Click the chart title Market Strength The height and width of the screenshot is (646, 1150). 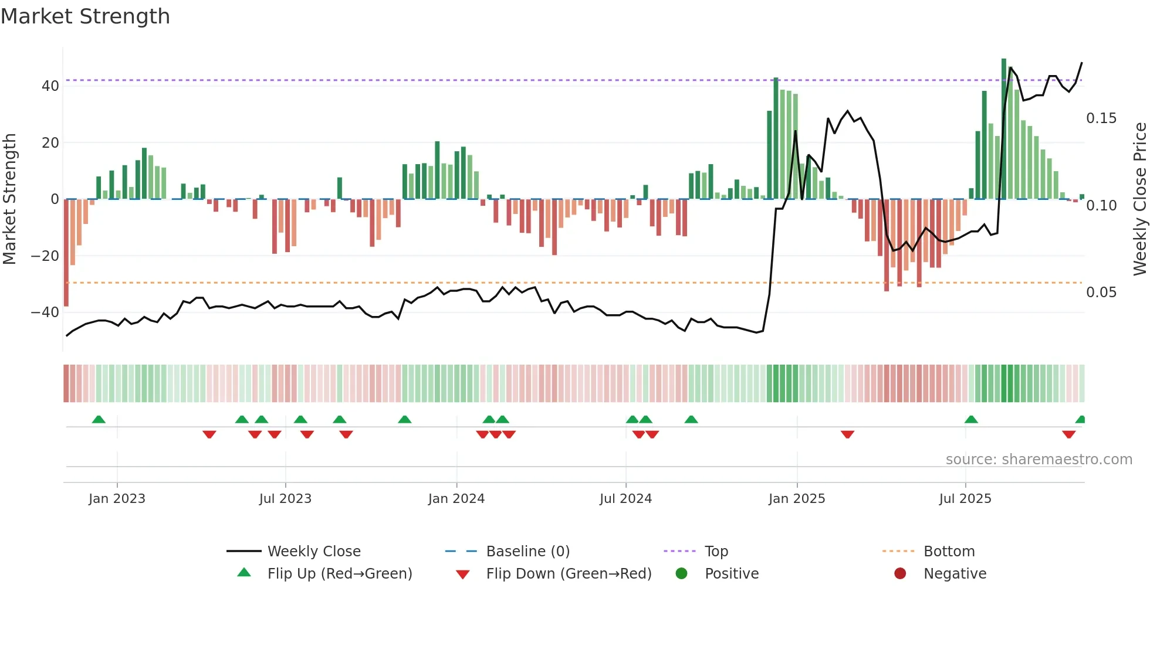click(x=85, y=16)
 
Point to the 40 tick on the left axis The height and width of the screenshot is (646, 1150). click(x=50, y=86)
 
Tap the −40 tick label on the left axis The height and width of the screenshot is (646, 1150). click(x=45, y=312)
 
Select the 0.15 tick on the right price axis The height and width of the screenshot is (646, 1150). click(x=1101, y=118)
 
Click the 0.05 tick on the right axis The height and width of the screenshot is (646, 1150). click(x=1101, y=293)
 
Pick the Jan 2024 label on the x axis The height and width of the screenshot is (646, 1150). click(x=456, y=499)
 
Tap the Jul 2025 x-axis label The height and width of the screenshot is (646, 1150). click(x=965, y=499)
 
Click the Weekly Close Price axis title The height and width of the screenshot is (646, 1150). click(x=1139, y=199)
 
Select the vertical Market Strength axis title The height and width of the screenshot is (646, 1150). click(x=9, y=199)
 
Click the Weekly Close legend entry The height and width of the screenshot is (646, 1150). click(x=313, y=552)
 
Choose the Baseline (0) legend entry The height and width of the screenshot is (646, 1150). click(x=527, y=552)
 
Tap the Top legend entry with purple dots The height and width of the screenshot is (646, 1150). click(x=716, y=552)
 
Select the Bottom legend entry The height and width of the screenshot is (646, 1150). click(x=949, y=552)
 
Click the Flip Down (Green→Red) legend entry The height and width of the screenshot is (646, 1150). click(x=568, y=574)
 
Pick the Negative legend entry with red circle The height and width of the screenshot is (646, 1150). click(x=954, y=574)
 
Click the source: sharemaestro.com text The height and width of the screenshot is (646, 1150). click(x=1039, y=460)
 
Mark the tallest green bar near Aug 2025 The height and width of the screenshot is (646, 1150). click(x=1003, y=129)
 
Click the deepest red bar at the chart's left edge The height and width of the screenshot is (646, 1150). click(x=66, y=252)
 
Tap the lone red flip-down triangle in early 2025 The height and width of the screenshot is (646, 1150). click(x=847, y=434)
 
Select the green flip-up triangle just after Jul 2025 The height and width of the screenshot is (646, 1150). click(x=971, y=419)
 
